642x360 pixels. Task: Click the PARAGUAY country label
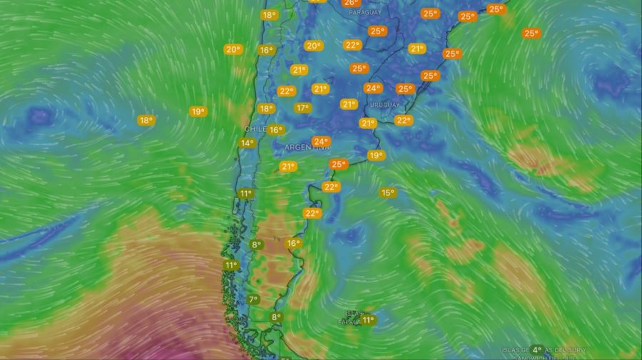pos(365,12)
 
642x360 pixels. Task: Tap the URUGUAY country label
pos(386,105)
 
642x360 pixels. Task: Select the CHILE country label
pos(255,129)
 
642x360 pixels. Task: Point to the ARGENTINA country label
pos(307,147)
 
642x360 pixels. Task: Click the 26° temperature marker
pos(351,3)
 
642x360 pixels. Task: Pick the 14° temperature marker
pos(247,143)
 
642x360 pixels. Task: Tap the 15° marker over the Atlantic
pos(387,193)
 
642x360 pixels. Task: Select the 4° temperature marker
pos(537,350)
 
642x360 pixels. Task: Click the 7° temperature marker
pos(253,299)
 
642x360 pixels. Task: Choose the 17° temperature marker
pos(303,108)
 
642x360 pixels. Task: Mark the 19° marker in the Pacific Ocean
pos(198,112)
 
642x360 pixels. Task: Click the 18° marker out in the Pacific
pos(146,120)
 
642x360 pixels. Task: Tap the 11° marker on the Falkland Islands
pos(368,320)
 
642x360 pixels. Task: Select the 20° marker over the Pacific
pos(233,49)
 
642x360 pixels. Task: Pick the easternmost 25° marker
pos(531,33)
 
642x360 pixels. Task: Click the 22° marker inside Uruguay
pos(404,120)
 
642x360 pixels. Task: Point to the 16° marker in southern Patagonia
pos(292,244)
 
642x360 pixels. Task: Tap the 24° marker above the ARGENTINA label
pos(321,141)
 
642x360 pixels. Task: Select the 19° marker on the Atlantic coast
pos(376,155)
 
